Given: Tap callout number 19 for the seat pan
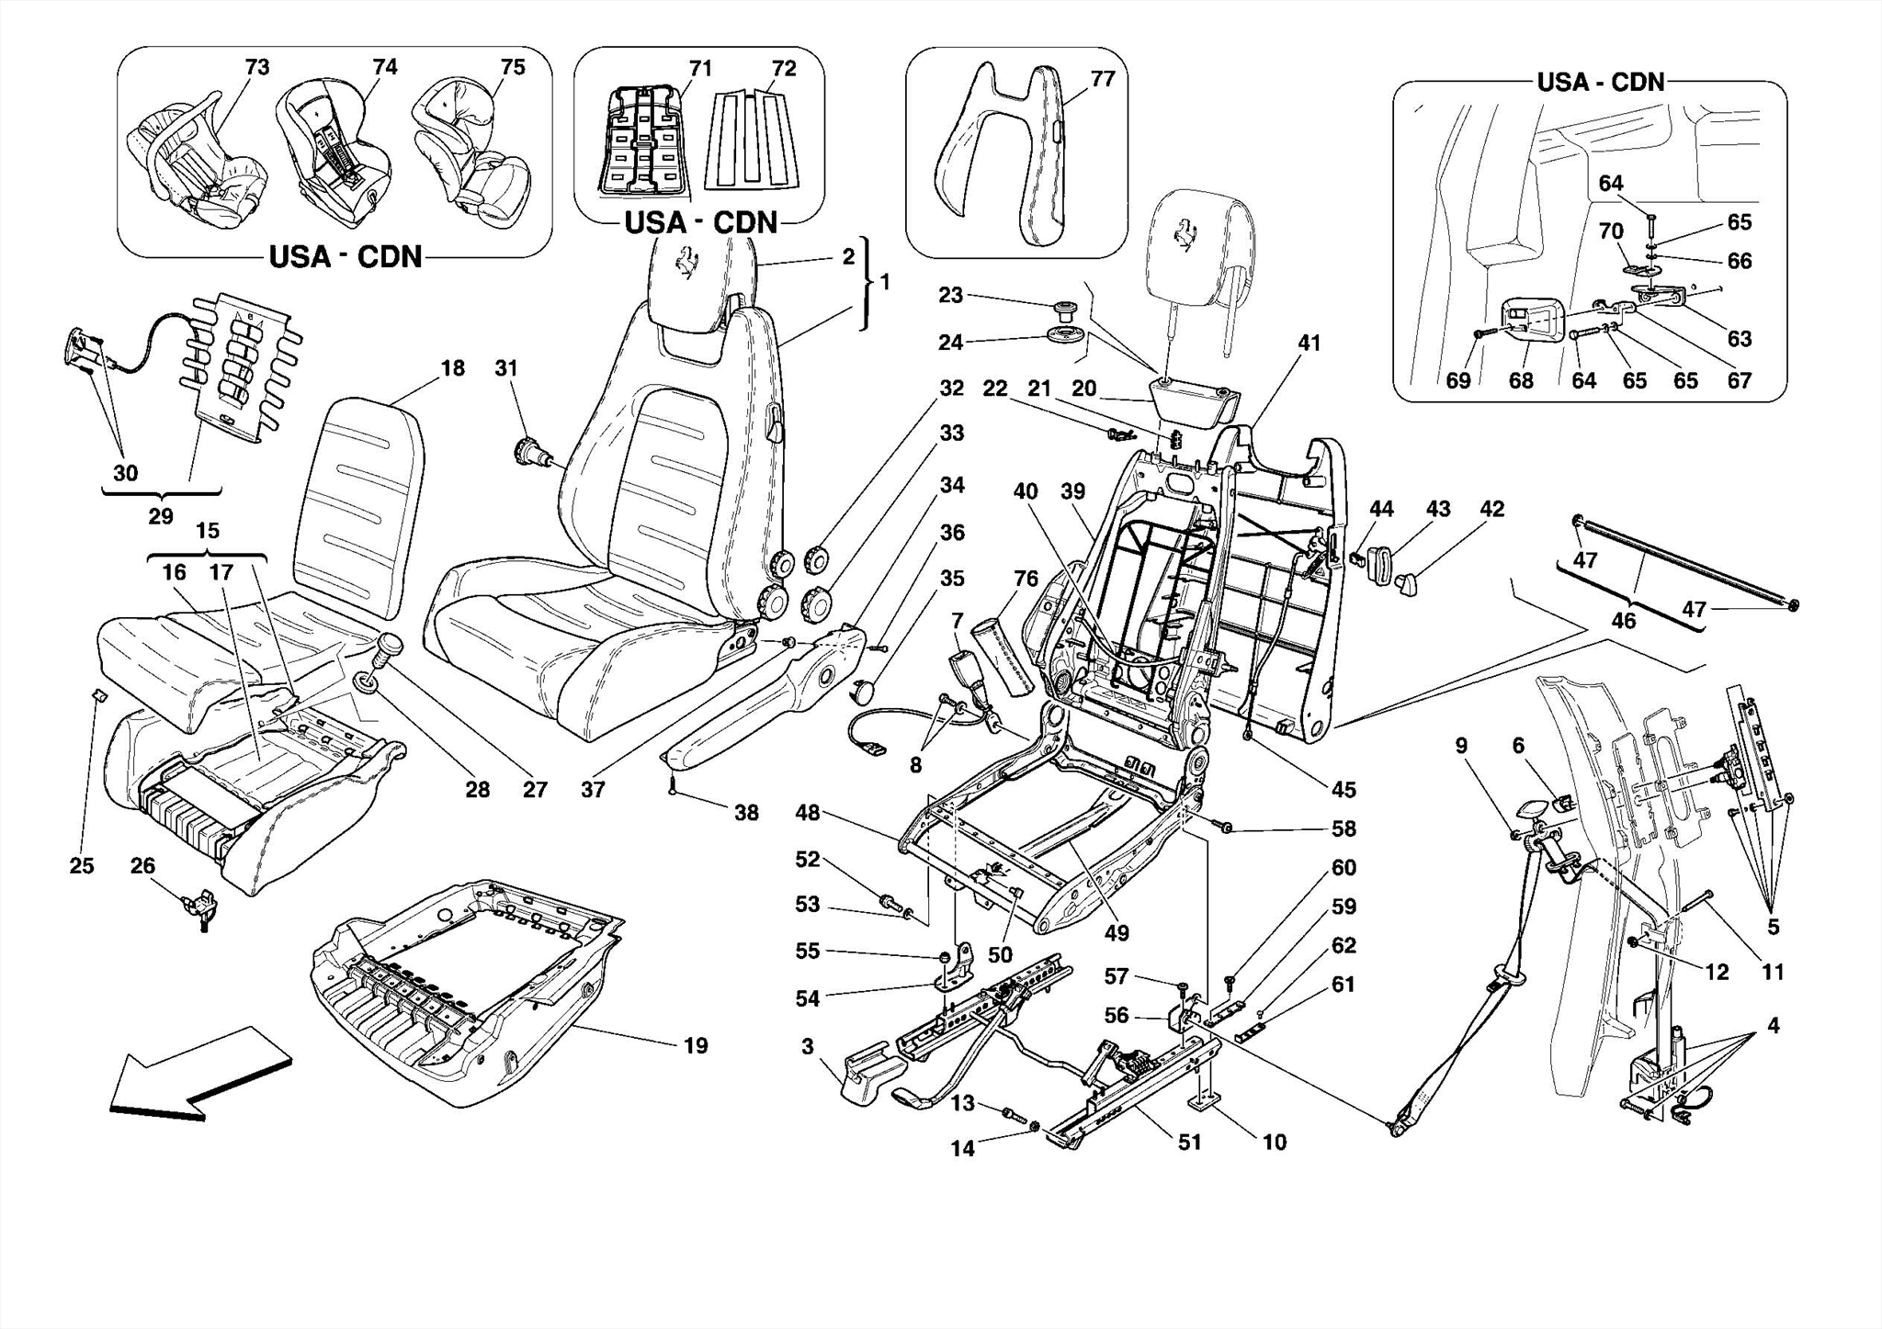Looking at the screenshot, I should (696, 1045).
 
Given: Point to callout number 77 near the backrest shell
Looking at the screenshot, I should (1102, 79).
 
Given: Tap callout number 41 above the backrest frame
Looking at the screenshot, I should (1309, 344).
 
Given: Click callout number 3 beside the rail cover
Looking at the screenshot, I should (807, 1047).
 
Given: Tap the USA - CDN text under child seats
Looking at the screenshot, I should (346, 256).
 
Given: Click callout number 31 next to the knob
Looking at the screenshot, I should (506, 368).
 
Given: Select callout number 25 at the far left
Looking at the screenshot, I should (82, 865).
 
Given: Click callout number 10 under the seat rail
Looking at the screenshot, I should (1274, 1142).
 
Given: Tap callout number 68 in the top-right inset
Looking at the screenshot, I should (1521, 380).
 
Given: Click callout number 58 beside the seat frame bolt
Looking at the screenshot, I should (1343, 828).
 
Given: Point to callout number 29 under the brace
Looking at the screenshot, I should (161, 516).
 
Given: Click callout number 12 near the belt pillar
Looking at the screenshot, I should (1717, 972).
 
